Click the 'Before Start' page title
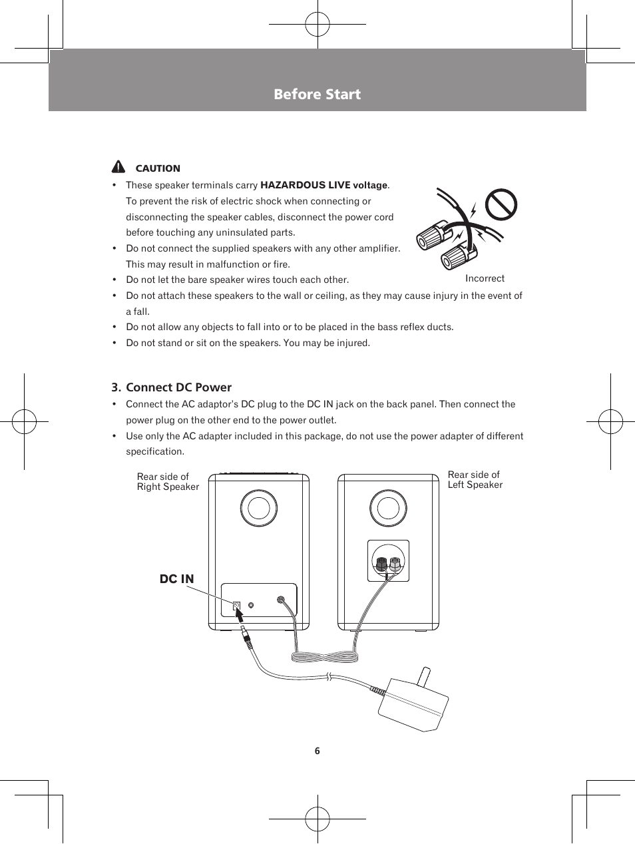pyautogui.click(x=317, y=95)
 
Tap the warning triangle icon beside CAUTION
pyautogui.click(x=118, y=167)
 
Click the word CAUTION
pyautogui.click(x=158, y=168)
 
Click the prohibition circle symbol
pyautogui.click(x=501, y=204)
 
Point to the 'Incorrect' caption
pyautogui.click(x=485, y=278)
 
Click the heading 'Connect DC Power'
pyautogui.click(x=178, y=387)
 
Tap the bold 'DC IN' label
pyautogui.click(x=176, y=579)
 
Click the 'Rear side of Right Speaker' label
pyautogui.click(x=168, y=481)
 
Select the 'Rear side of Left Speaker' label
pyautogui.click(x=475, y=479)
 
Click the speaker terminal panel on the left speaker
pyautogui.click(x=388, y=561)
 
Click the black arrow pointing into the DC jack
pyautogui.click(x=240, y=616)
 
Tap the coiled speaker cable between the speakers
pyautogui.click(x=325, y=657)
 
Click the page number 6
pyautogui.click(x=317, y=751)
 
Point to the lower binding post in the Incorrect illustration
pyautogui.click(x=459, y=255)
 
